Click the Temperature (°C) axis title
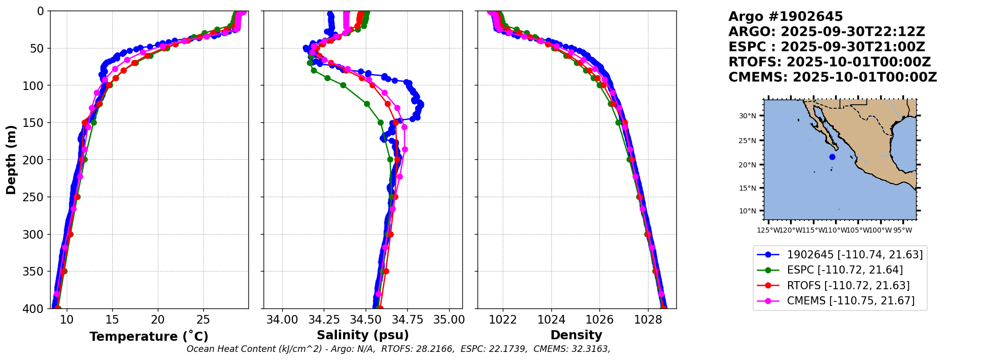pyautogui.click(x=149, y=337)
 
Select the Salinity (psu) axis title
pyautogui.click(x=363, y=335)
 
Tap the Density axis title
pyautogui.click(x=576, y=335)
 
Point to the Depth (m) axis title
pyautogui.click(x=11, y=159)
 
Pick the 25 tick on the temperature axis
pyautogui.click(x=203, y=320)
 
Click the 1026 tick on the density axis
pyautogui.click(x=599, y=320)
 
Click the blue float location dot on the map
pyautogui.click(x=832, y=157)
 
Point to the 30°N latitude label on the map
pyautogui.click(x=747, y=116)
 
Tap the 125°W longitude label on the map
pyautogui.click(x=768, y=231)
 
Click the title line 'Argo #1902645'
pyautogui.click(x=786, y=17)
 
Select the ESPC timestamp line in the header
pyautogui.click(x=827, y=47)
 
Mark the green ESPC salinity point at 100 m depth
pyautogui.click(x=343, y=85)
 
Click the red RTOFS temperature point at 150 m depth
pyautogui.click(x=85, y=122)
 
